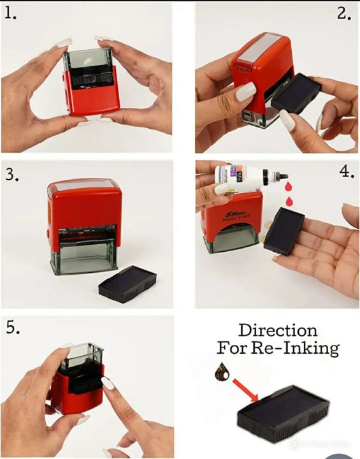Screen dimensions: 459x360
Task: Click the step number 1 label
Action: (11, 13)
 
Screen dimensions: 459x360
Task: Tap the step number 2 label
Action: (344, 13)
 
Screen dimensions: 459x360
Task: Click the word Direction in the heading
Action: (277, 330)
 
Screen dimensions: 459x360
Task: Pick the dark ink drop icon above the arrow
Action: (224, 372)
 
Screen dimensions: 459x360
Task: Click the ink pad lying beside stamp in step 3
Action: (128, 284)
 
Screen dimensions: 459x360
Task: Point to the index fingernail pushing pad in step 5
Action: (108, 384)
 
